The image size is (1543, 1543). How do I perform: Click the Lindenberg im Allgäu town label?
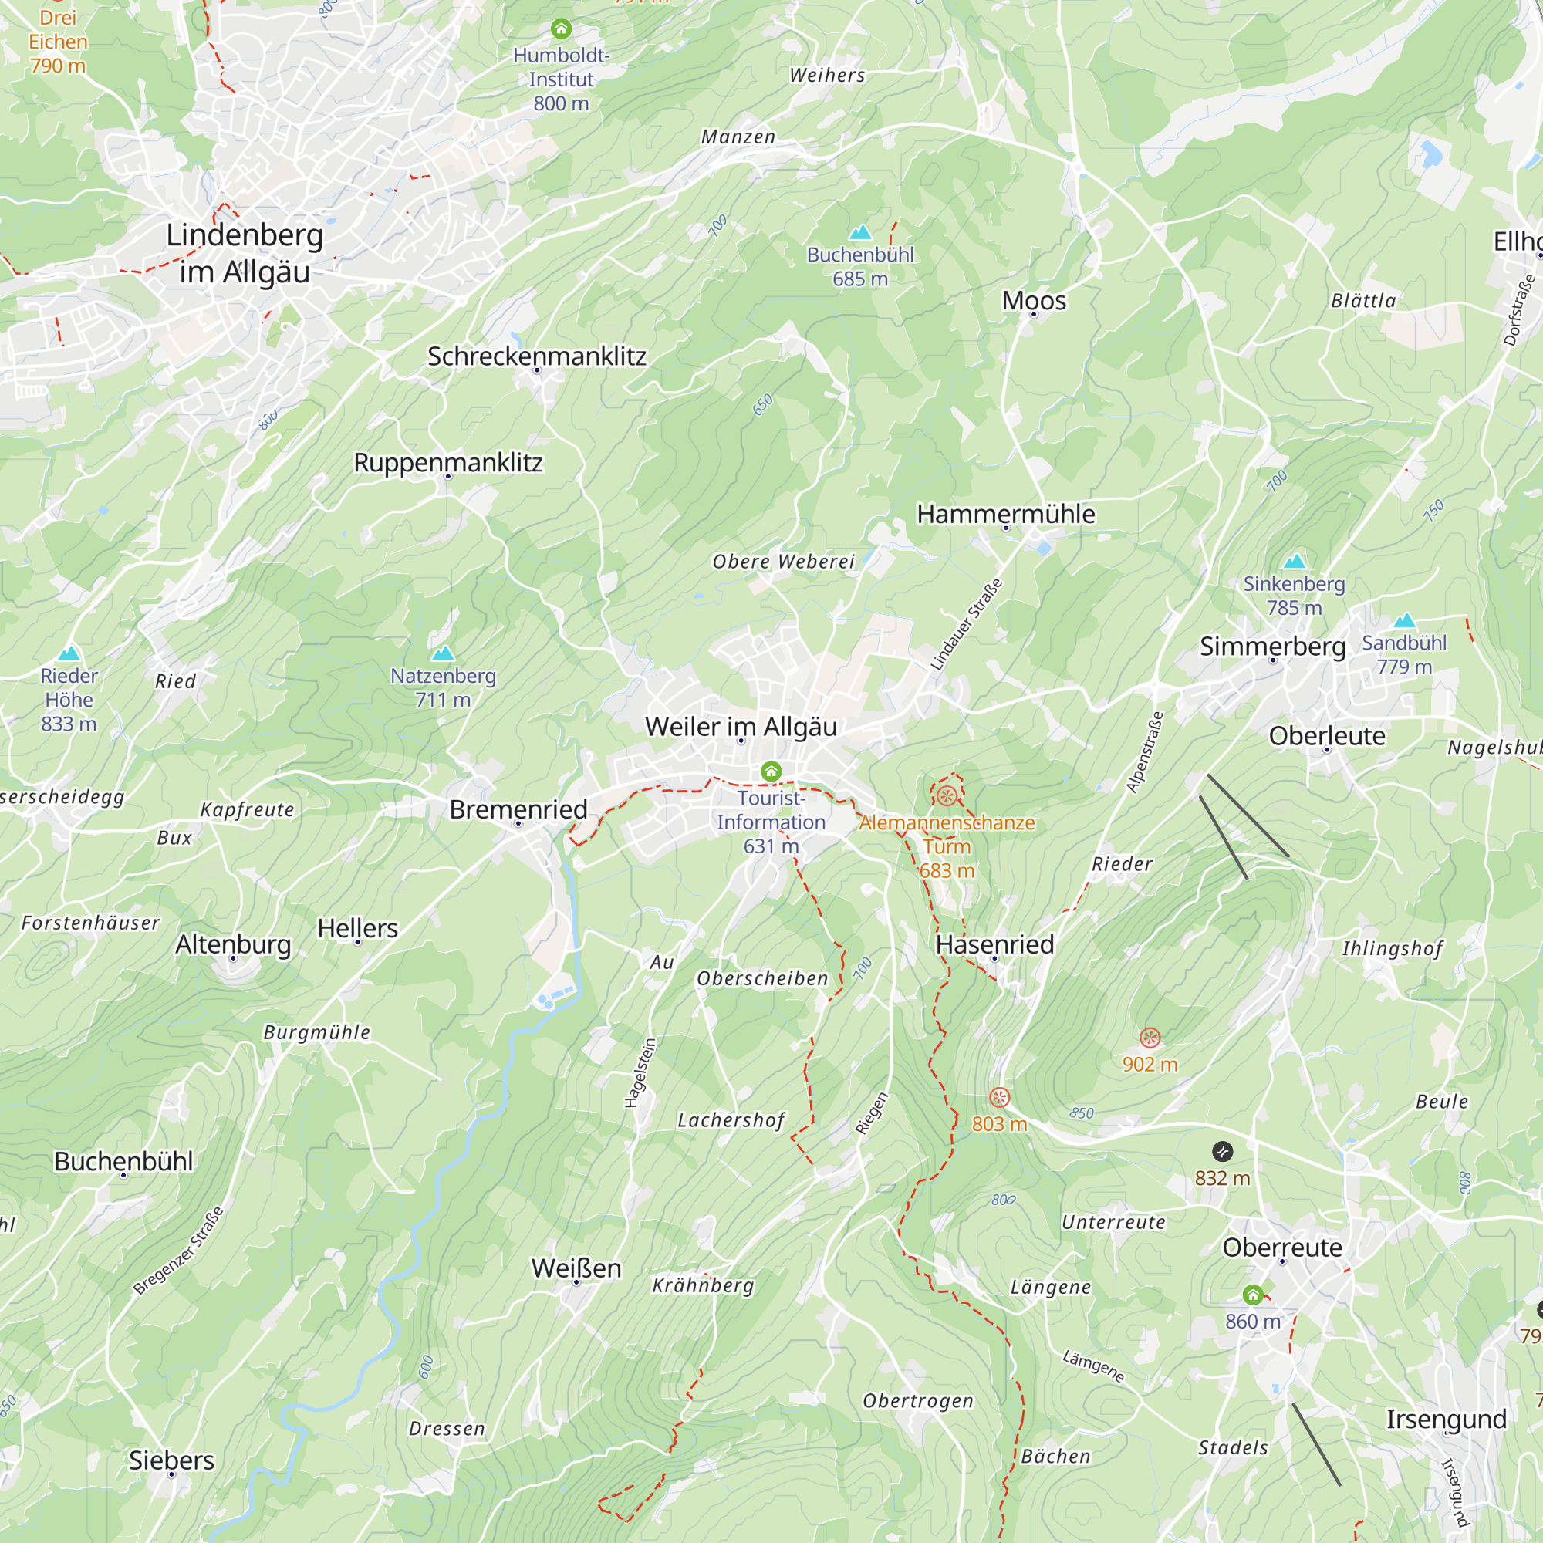click(x=245, y=253)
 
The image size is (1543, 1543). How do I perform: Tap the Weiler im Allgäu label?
click(x=741, y=727)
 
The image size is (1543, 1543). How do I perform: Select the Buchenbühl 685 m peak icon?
click(x=860, y=232)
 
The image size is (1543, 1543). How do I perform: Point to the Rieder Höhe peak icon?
click(x=69, y=653)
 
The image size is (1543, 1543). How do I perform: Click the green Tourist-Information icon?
click(x=771, y=771)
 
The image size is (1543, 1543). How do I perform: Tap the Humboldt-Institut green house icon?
click(x=562, y=29)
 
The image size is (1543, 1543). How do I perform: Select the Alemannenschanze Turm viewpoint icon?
click(x=947, y=795)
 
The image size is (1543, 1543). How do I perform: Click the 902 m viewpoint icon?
click(x=1150, y=1038)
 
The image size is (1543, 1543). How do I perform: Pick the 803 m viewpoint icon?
click(x=999, y=1097)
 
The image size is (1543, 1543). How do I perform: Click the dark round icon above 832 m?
click(x=1222, y=1151)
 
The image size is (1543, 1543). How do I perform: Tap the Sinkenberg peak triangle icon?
click(x=1294, y=561)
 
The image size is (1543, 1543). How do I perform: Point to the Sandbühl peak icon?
click(x=1404, y=620)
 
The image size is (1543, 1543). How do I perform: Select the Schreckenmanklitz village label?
click(x=537, y=356)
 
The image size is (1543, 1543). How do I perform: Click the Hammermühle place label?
click(x=1005, y=514)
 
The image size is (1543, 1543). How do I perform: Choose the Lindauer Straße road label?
click(x=967, y=625)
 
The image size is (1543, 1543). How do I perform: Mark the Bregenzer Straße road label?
click(x=178, y=1251)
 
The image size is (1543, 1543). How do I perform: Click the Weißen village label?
click(x=576, y=1268)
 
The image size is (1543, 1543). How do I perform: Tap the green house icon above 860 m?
click(x=1252, y=1295)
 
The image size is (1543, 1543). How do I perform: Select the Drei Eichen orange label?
click(x=58, y=42)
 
